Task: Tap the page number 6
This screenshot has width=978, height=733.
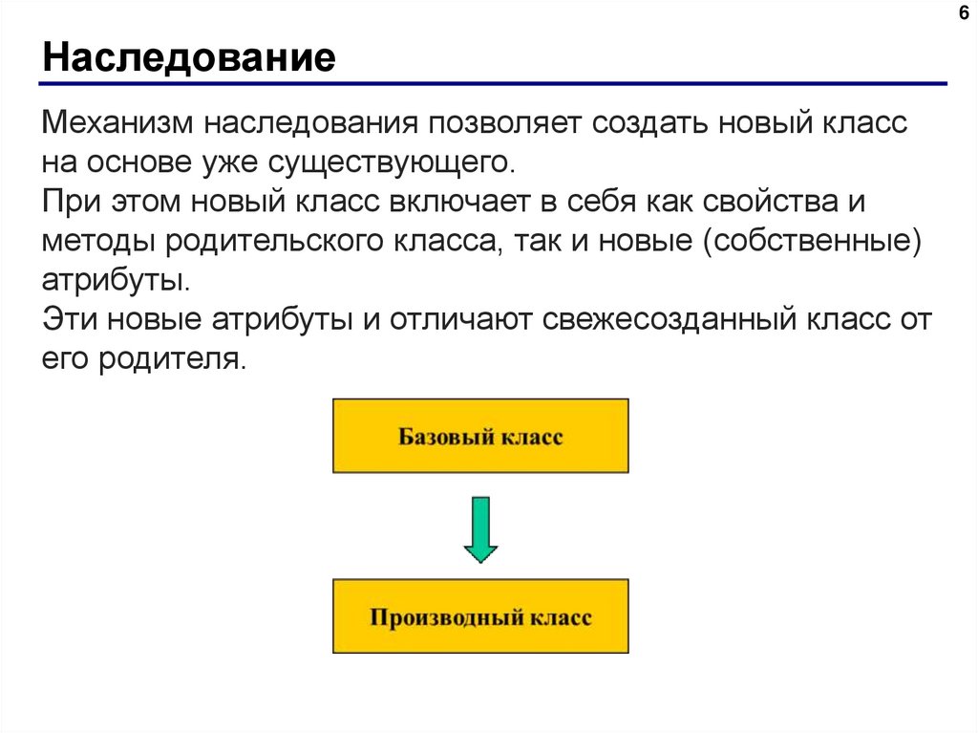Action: (x=962, y=13)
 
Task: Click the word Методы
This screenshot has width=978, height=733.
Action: (x=98, y=241)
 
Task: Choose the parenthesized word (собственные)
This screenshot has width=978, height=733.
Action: (x=813, y=241)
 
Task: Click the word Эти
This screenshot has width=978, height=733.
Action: (x=69, y=318)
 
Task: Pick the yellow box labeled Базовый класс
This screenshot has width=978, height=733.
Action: (x=480, y=436)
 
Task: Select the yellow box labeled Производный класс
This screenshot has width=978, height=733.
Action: (x=480, y=615)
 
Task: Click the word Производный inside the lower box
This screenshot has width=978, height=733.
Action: (x=437, y=616)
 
